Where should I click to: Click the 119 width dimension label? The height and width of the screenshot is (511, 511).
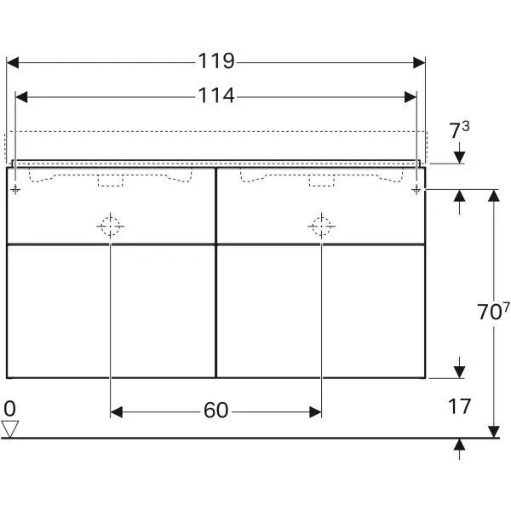(x=216, y=61)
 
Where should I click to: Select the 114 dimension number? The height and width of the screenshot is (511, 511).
(x=216, y=96)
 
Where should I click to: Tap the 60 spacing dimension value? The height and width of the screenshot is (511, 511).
(x=216, y=411)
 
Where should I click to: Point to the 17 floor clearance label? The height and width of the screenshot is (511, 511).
(x=459, y=406)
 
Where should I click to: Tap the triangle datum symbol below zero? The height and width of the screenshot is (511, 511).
(x=10, y=428)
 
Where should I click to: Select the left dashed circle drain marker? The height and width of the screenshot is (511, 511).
(x=111, y=226)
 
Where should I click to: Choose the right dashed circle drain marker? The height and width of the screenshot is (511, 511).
(x=321, y=226)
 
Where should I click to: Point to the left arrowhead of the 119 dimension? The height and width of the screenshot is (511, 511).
(x=13, y=62)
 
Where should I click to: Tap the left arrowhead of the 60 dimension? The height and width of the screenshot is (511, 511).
(x=117, y=412)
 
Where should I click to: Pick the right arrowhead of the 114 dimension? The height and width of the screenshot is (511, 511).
(x=411, y=97)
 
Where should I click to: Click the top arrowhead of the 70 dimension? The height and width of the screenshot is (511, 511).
(x=493, y=195)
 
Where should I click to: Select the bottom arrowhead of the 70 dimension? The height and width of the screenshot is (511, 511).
(x=493, y=432)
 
